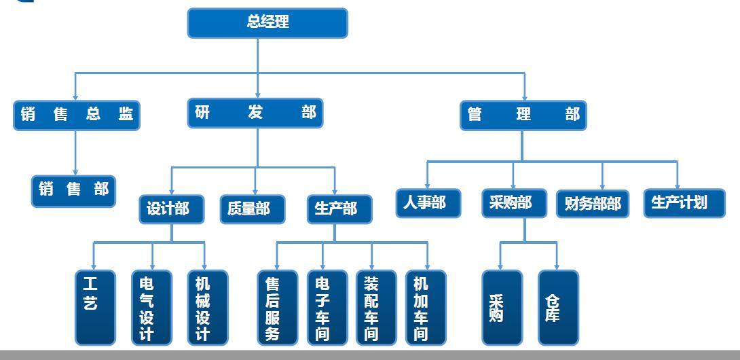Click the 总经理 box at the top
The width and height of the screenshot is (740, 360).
(x=267, y=22)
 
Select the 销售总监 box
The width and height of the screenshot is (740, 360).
(x=75, y=115)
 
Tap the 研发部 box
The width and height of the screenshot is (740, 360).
(x=255, y=113)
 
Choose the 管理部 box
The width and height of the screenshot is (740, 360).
(x=523, y=115)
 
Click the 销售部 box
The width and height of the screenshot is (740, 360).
(x=73, y=190)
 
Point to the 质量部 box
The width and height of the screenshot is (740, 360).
(x=253, y=209)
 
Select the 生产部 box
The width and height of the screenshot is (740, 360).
(x=335, y=209)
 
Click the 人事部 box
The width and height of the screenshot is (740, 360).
(x=428, y=203)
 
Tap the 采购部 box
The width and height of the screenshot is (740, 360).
(x=514, y=203)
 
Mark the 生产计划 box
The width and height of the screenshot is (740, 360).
(x=679, y=203)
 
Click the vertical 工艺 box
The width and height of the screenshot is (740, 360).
(x=94, y=307)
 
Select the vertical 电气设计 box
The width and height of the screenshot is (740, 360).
(x=151, y=307)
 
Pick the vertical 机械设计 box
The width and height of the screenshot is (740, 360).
(x=207, y=307)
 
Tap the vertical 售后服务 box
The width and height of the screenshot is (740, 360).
(x=277, y=307)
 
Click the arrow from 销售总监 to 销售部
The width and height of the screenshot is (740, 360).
(x=75, y=152)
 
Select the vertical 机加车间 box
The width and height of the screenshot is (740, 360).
(x=426, y=307)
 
